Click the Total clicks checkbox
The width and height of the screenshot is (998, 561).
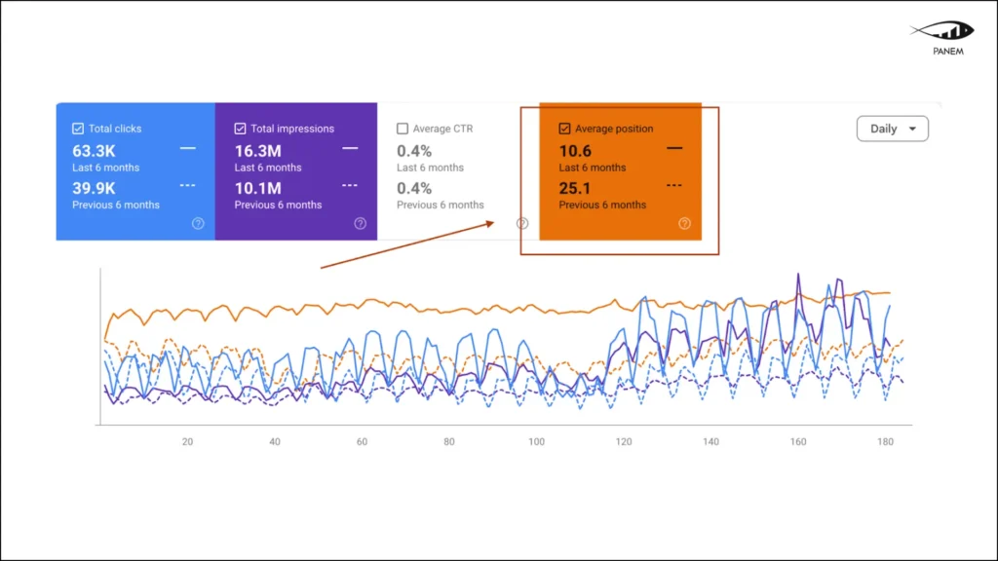(78, 129)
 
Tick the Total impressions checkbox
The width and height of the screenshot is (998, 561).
(240, 129)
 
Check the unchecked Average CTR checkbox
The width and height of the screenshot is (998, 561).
(403, 129)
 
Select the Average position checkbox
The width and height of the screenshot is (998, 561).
(564, 129)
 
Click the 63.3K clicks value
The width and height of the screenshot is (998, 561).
(94, 151)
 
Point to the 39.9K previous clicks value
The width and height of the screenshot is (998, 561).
(95, 188)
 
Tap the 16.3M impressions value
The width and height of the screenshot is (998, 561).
(257, 151)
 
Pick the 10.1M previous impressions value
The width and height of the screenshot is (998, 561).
(257, 188)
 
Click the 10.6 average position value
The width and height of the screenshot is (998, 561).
(575, 151)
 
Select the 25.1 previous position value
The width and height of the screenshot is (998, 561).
(575, 188)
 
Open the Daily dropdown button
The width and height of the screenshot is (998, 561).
(892, 129)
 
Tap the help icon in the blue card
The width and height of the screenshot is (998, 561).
(198, 223)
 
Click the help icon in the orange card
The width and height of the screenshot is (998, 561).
(684, 223)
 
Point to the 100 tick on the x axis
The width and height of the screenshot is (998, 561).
(536, 442)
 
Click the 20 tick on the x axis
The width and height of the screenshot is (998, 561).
(187, 442)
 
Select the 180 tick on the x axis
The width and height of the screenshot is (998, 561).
(885, 442)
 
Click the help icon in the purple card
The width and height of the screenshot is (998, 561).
(360, 223)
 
